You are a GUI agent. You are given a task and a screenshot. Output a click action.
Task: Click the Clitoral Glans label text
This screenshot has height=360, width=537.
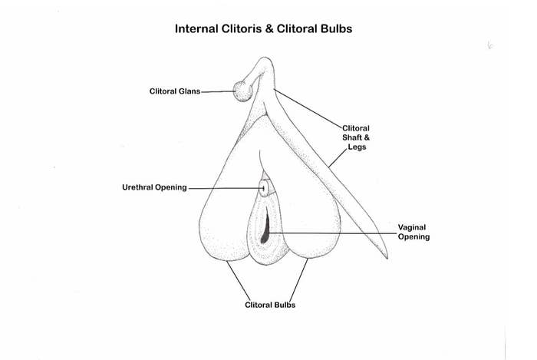[x=174, y=91]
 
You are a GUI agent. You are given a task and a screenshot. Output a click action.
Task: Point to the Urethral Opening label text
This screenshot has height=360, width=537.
[x=154, y=187]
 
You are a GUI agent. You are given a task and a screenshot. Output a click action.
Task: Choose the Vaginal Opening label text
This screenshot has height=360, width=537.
[x=413, y=232]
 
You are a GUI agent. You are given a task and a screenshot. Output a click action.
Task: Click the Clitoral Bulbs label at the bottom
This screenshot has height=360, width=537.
[x=270, y=305]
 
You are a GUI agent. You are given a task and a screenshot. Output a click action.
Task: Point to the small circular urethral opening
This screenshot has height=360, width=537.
[x=265, y=187]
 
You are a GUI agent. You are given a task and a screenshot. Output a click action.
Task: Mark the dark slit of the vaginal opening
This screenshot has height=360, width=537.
[x=265, y=228]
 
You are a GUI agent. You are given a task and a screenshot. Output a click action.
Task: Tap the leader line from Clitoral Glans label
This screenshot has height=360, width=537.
[x=218, y=91]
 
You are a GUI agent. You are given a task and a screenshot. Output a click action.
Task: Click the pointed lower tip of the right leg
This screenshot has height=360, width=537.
[x=384, y=255]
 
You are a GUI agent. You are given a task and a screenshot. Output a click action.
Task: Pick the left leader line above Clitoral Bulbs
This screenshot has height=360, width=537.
[x=238, y=280]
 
